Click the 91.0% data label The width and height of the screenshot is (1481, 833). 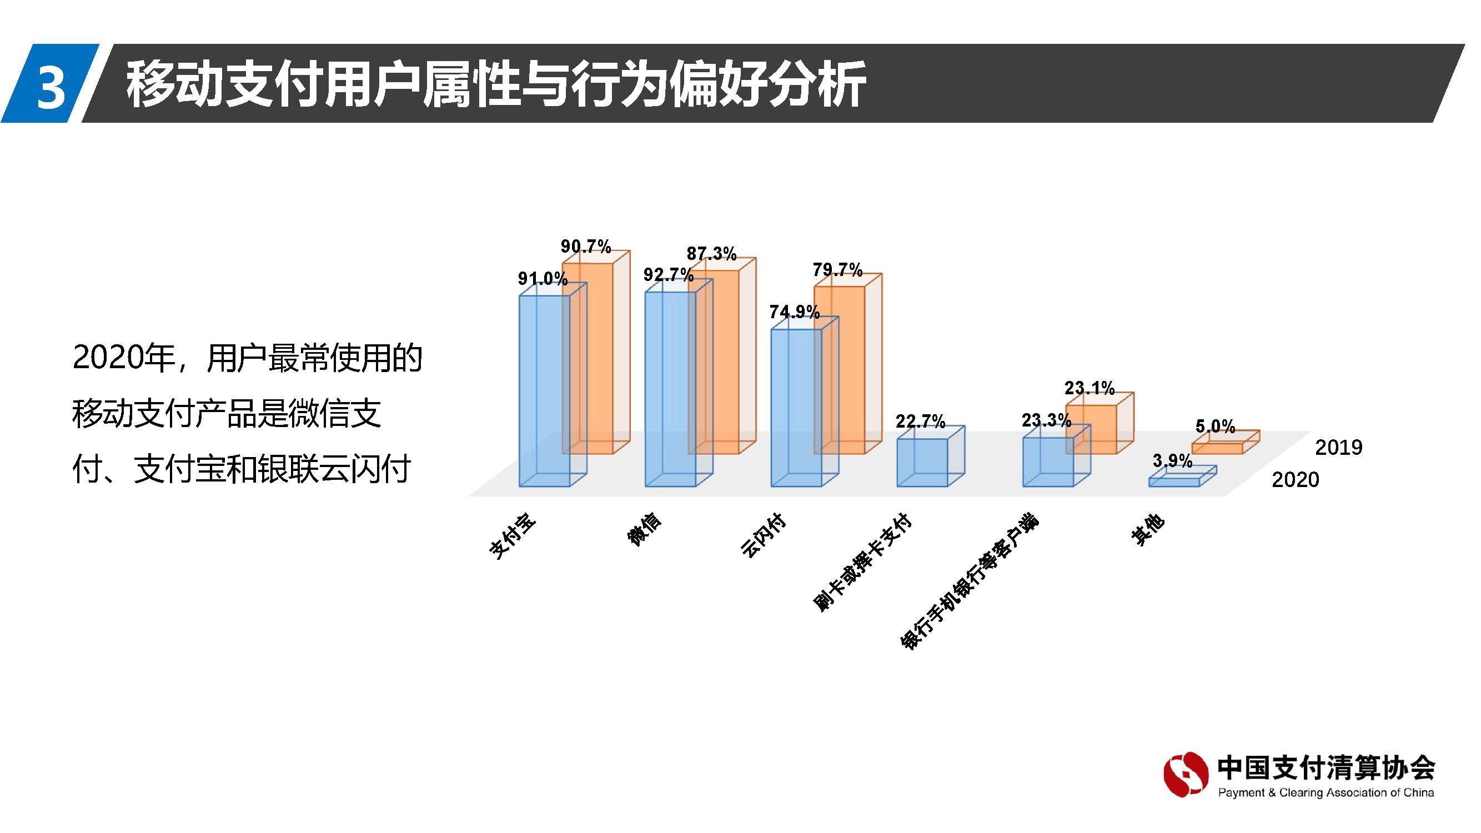[542, 279]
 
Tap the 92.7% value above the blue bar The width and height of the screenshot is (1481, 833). [668, 275]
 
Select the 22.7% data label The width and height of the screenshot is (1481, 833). [920, 421]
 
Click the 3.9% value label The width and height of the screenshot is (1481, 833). [1172, 460]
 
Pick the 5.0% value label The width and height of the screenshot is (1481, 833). [1215, 426]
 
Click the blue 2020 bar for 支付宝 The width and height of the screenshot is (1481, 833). [543, 391]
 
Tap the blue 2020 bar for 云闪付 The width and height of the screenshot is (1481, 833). [795, 408]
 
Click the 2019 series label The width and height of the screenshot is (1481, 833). [1338, 446]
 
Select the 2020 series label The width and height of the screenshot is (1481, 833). [1295, 479]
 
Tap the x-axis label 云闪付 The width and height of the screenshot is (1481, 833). [763, 535]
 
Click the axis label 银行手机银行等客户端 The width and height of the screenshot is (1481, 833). [970, 582]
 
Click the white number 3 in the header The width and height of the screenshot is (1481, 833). [50, 87]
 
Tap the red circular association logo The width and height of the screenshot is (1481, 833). [1185, 774]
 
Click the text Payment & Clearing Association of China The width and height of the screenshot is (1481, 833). [1326, 793]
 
